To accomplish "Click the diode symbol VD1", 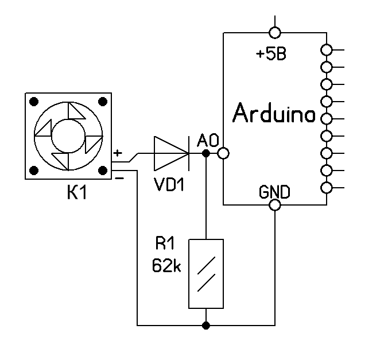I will pos(171,154).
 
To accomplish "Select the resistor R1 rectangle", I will pos(205,273).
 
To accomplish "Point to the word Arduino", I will pos(274,114).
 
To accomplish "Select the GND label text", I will pos(274,192).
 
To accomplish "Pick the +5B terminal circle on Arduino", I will pos(275,32).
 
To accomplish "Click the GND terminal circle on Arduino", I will pos(275,205).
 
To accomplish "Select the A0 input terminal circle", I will pos(223,154).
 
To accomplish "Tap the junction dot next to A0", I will pos(205,154).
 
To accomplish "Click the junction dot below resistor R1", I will pos(205,326).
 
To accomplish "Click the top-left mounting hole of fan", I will pos(34,102).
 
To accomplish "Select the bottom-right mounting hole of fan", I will pos(103,170).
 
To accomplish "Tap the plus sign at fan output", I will pos(118,153).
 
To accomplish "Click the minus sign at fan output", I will pos(118,178).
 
